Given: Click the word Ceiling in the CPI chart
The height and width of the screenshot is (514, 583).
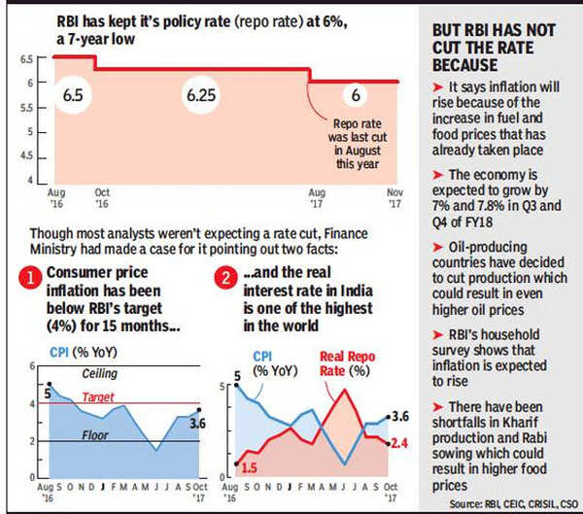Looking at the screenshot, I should [99, 370].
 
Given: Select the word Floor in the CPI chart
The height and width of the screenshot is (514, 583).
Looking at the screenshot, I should [95, 436].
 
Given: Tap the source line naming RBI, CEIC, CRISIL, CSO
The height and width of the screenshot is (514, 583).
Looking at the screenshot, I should [507, 503].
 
